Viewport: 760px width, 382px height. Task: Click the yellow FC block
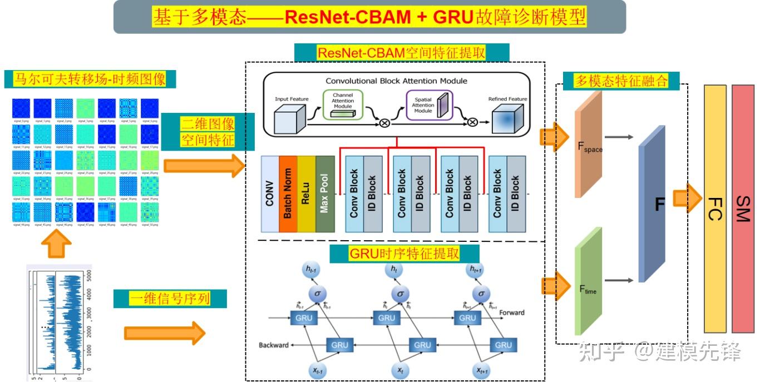(x=715, y=209)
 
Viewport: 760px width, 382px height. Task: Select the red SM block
(x=743, y=209)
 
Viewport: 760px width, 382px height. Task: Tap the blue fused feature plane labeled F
(x=652, y=204)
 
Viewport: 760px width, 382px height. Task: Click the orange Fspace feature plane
(x=589, y=145)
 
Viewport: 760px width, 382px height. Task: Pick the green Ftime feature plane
(x=589, y=281)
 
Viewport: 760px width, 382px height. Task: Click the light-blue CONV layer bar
(x=270, y=194)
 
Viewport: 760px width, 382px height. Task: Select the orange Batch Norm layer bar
(x=288, y=194)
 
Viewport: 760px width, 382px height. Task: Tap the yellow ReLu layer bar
(x=306, y=194)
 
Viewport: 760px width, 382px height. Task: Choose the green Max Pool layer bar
(x=325, y=194)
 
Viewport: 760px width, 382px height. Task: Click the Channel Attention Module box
(x=343, y=105)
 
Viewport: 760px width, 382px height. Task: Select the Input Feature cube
(x=290, y=120)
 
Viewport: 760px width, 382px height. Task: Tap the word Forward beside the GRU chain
(x=511, y=312)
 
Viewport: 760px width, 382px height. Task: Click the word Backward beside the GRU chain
(x=274, y=345)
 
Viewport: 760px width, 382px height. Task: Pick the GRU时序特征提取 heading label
(x=404, y=254)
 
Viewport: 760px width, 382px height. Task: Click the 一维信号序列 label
(x=170, y=299)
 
